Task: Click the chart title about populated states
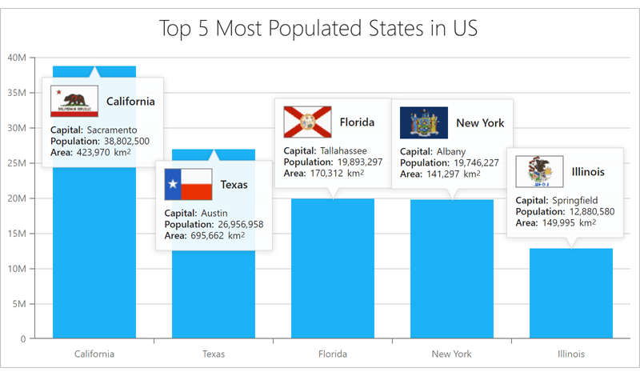pyautogui.click(x=318, y=29)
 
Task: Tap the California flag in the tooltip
pyautogui.click(x=74, y=102)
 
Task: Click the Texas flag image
pyautogui.click(x=188, y=185)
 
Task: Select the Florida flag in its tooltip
pyautogui.click(x=307, y=122)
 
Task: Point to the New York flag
pyautogui.click(x=424, y=123)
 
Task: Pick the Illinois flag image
pyautogui.click(x=539, y=172)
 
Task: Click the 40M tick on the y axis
pyautogui.click(x=17, y=58)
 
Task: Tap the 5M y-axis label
pyautogui.click(x=19, y=304)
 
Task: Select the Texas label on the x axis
pyautogui.click(x=214, y=354)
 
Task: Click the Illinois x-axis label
pyautogui.click(x=571, y=354)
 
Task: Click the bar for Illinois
pyautogui.click(x=571, y=296)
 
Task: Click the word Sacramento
pyautogui.click(x=112, y=130)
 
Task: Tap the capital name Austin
pyautogui.click(x=214, y=213)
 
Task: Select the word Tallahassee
pyautogui.click(x=344, y=150)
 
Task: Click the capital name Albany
pyautogui.click(x=451, y=151)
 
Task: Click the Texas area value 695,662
pyautogui.click(x=218, y=235)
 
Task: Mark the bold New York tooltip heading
pyautogui.click(x=480, y=123)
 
